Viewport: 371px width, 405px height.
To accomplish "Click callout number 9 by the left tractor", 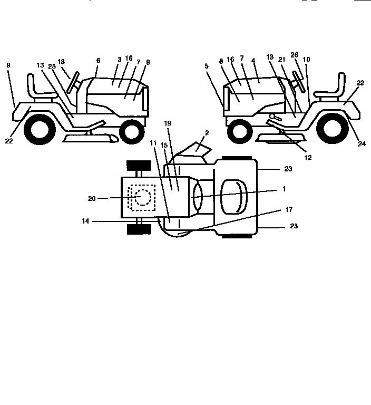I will pos(8,65).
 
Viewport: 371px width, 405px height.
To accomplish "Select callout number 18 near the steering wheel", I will pos(62,62).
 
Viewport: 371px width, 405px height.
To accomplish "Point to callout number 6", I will pos(98,61).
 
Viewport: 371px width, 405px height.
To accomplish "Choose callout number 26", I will pos(294,54).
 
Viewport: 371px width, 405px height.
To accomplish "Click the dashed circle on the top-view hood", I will pos(142,197).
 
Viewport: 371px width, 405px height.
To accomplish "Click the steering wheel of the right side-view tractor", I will pos(299,81).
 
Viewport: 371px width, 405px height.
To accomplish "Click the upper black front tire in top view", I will pos(139,165).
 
